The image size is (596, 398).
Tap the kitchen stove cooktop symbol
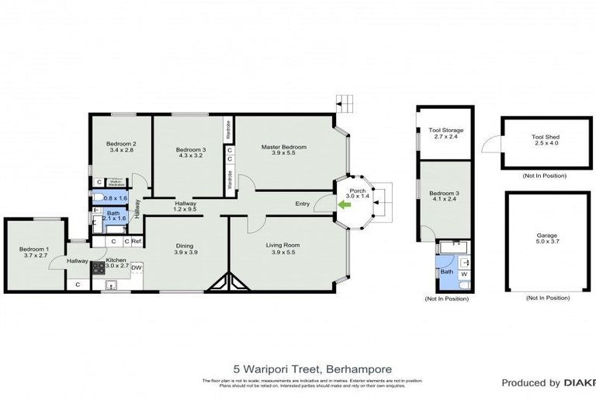click(99, 268)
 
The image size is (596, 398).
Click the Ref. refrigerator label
click(136, 242)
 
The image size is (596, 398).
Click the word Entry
click(303, 204)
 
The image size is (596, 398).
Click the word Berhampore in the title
click(359, 368)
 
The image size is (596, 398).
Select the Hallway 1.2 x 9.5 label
click(185, 206)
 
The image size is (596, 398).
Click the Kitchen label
click(116, 260)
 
